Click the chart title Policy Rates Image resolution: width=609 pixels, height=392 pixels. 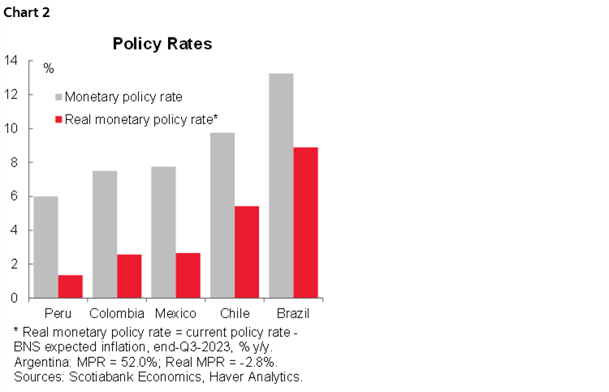(162, 43)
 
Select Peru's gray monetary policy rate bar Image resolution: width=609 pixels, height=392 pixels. (46, 247)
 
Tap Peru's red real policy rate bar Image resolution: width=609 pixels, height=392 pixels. (70, 286)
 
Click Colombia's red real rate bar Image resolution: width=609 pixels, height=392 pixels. (128, 276)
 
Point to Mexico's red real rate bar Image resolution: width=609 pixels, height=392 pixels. (188, 275)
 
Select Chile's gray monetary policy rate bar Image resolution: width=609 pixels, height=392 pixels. (222, 215)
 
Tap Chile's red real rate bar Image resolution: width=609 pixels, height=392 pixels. (246, 252)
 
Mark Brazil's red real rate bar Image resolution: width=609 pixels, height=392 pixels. (304, 222)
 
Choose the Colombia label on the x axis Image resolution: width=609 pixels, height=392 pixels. (117, 313)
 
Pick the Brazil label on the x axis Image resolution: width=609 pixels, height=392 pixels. (293, 313)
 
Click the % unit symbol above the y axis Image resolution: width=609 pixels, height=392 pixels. (48, 67)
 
